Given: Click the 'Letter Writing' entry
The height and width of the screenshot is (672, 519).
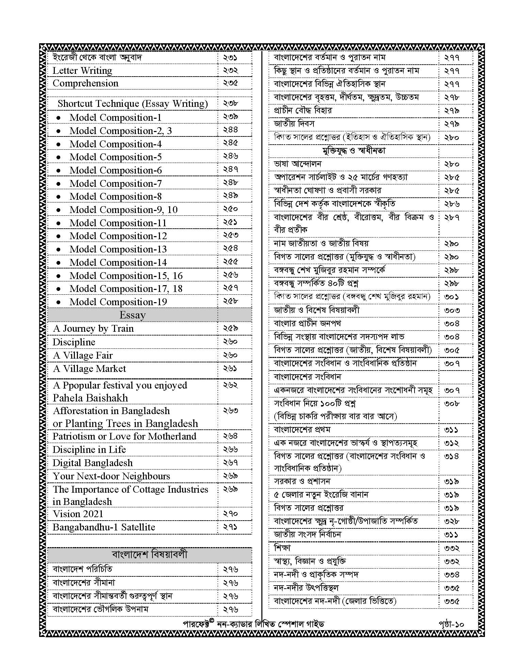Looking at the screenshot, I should click(82, 70).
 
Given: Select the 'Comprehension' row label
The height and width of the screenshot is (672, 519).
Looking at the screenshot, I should click(85, 83).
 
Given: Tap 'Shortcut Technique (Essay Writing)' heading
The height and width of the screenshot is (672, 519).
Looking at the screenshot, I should click(132, 103).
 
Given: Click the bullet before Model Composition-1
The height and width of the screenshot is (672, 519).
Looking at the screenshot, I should click(59, 118).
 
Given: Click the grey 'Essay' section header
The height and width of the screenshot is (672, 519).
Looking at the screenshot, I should click(132, 315).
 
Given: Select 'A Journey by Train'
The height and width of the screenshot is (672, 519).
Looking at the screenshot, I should click(93, 328).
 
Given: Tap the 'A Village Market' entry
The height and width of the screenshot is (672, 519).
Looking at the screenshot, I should click(90, 368).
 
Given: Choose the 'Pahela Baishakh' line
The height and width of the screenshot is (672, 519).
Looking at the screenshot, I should click(90, 398).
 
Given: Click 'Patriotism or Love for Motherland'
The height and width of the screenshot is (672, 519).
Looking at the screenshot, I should click(124, 436).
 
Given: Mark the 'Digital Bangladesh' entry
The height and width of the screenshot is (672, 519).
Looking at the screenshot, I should click(93, 463).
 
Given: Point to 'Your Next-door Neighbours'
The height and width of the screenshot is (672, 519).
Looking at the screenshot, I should click(111, 476).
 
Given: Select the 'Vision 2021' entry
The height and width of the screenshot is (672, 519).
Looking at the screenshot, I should click(78, 514).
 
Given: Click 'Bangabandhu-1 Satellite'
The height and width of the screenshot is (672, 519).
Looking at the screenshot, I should click(104, 527).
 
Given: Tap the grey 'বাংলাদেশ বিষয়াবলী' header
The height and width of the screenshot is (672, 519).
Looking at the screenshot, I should click(149, 555).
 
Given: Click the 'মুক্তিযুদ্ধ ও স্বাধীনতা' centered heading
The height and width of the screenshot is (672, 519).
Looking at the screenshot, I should click(354, 150).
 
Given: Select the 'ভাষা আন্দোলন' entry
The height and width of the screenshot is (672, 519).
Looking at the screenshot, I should click(298, 164).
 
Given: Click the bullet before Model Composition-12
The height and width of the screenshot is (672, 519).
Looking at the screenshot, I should click(59, 236).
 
